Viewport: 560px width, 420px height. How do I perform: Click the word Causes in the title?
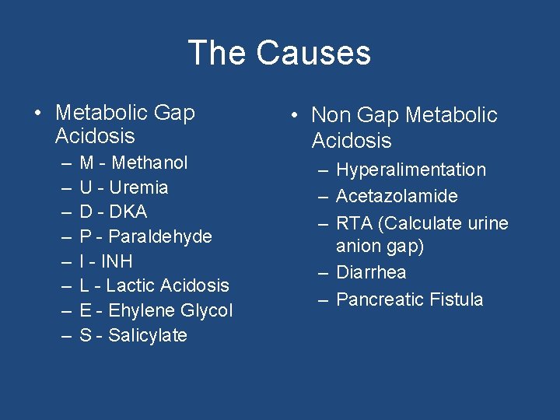pyautogui.click(x=313, y=53)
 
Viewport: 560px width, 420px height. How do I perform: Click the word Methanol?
pyautogui.click(x=149, y=163)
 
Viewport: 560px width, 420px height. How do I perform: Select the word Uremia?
pyautogui.click(x=138, y=187)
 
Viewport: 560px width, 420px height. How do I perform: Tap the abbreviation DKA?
pyautogui.click(x=128, y=212)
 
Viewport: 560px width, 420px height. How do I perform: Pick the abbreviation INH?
pyautogui.click(x=116, y=261)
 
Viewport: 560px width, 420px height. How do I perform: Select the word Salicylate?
pyautogui.click(x=148, y=335)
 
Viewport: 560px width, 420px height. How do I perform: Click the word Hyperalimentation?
pyautogui.click(x=411, y=170)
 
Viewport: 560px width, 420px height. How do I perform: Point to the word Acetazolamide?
pyautogui.click(x=397, y=196)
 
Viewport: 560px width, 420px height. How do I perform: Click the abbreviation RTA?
pyautogui.click(x=354, y=223)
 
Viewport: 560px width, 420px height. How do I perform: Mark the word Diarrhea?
pyautogui.click(x=371, y=272)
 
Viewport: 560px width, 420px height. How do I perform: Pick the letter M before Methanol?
pyautogui.click(x=87, y=163)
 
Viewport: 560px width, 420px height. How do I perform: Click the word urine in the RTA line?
pyautogui.click(x=488, y=223)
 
